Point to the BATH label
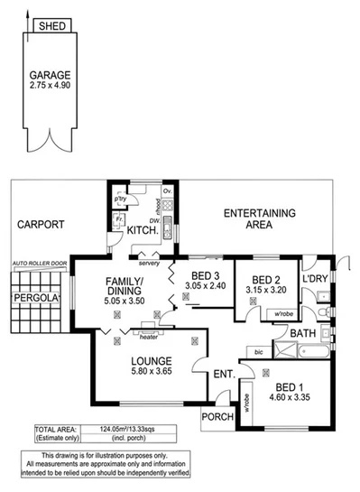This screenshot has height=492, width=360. pyautogui.click(x=304, y=334)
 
